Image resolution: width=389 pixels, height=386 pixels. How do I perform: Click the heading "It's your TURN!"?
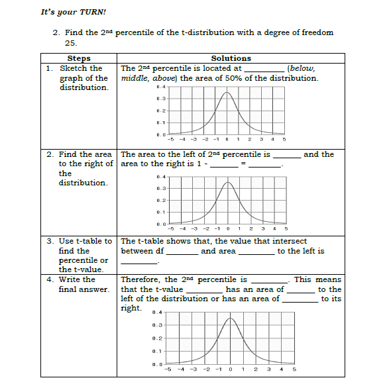pyautogui.click(x=74, y=11)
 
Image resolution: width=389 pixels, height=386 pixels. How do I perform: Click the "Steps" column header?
pyautogui.click(x=79, y=58)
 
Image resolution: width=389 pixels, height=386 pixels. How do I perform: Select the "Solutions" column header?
pyautogui.click(x=231, y=58)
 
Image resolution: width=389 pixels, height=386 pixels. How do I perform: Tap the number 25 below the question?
pyautogui.click(x=71, y=42)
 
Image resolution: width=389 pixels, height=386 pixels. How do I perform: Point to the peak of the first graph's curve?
pyautogui.click(x=227, y=93)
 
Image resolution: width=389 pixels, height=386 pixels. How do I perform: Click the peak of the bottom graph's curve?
pyautogui.click(x=230, y=318)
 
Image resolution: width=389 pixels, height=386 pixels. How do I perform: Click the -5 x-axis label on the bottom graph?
pyautogui.click(x=170, y=369)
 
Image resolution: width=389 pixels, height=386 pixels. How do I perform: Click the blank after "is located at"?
pyautogui.click(x=264, y=69)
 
